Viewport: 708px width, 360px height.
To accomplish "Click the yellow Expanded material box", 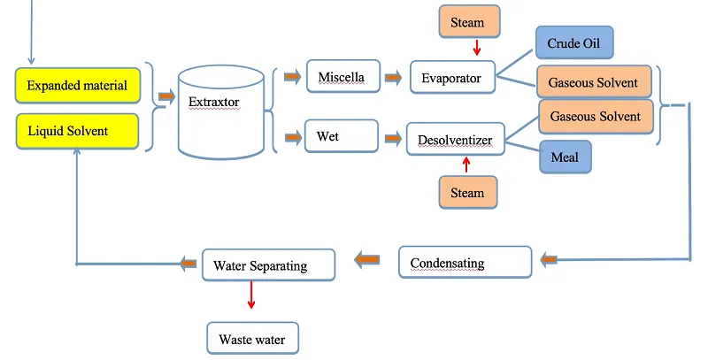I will click(x=78, y=85).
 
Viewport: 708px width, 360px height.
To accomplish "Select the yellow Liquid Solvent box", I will click(x=78, y=131).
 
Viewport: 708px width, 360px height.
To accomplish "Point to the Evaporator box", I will click(x=452, y=78).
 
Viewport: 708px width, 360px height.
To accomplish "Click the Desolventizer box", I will click(x=455, y=139).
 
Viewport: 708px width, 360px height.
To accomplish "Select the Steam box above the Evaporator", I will click(x=468, y=22).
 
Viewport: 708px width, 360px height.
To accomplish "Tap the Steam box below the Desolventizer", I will click(x=468, y=192).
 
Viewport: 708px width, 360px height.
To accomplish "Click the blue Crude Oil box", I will click(x=573, y=42).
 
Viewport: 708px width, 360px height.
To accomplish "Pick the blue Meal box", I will click(x=566, y=157).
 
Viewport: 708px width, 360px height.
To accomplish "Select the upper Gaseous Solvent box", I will click(x=594, y=82).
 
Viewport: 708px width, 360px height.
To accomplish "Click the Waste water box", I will click(x=253, y=337).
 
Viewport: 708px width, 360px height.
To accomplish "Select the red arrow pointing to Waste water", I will click(x=251, y=295).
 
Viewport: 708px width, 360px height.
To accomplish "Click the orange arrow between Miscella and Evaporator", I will click(x=392, y=77).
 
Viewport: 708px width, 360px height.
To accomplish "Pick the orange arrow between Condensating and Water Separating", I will click(x=367, y=260).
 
